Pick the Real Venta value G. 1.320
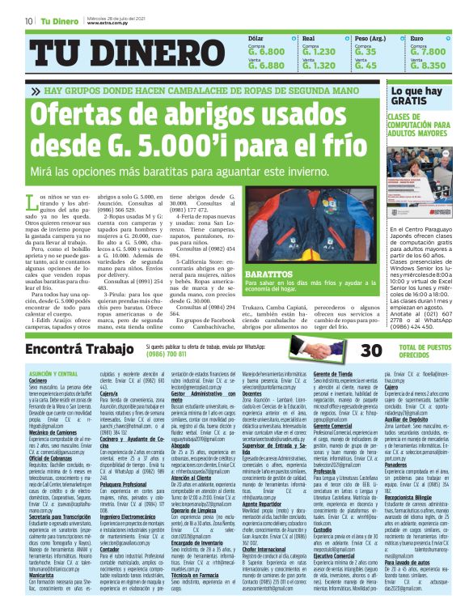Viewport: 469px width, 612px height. (319, 66)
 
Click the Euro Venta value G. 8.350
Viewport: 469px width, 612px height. (428, 66)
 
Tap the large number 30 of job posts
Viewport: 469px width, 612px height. (348, 350)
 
